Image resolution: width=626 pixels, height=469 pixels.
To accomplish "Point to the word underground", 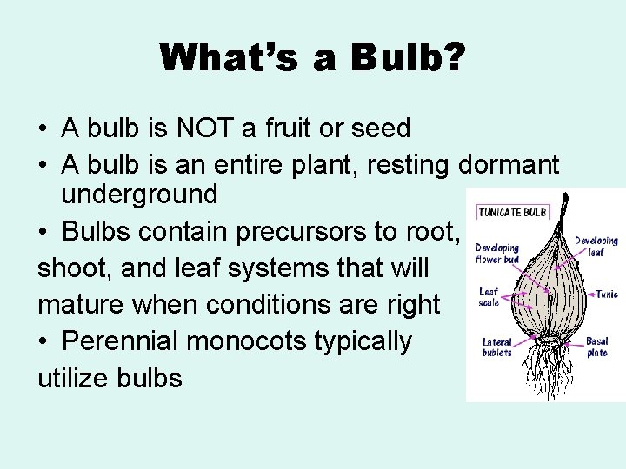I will (138, 195).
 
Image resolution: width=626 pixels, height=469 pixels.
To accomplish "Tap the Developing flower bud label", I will (496, 254).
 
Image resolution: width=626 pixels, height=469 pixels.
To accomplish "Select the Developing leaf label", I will (596, 247).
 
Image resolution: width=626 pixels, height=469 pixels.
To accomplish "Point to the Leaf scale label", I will (489, 297).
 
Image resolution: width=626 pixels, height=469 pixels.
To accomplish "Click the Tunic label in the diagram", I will (606, 294).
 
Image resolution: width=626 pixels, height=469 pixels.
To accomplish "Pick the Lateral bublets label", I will (496, 347).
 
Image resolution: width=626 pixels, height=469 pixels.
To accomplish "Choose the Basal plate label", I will (597, 347).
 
